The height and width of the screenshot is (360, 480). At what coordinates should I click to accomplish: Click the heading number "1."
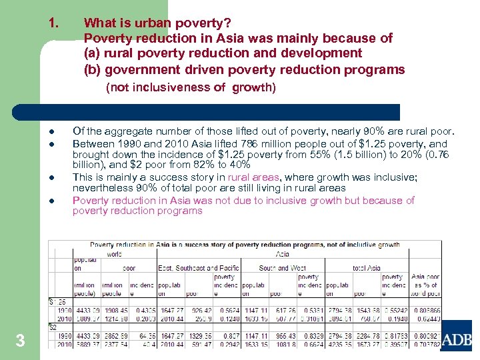tap(55, 23)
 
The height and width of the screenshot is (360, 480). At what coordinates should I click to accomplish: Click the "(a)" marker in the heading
tap(93, 53)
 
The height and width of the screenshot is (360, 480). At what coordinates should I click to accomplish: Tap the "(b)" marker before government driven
tap(93, 69)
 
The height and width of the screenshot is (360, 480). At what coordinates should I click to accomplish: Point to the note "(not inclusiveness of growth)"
tap(191, 87)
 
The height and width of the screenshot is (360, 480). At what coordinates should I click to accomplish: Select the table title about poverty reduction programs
tap(244, 245)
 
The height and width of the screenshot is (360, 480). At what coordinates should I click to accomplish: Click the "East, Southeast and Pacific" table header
tap(199, 268)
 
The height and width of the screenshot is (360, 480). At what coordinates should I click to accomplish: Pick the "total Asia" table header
tap(365, 268)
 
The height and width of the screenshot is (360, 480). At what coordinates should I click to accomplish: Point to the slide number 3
tap(20, 341)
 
